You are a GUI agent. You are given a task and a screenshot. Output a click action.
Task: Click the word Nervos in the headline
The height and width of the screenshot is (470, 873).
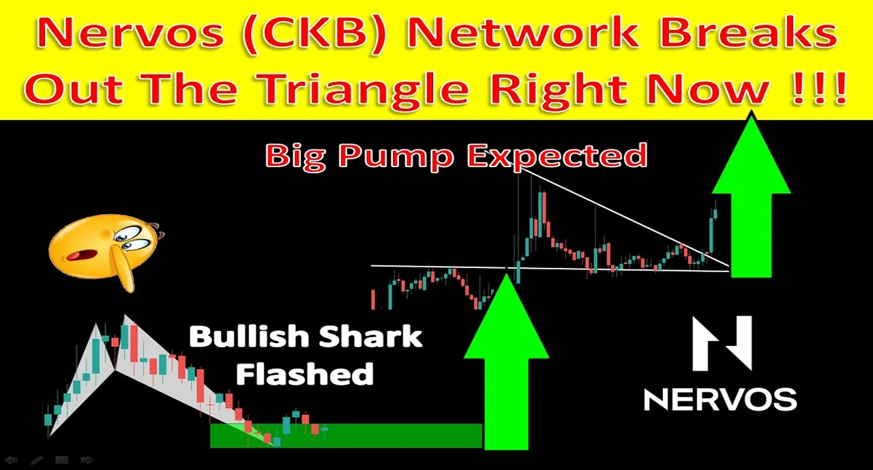[x=130, y=34]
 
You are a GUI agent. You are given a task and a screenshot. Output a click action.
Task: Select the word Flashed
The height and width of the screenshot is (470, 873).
[x=305, y=373]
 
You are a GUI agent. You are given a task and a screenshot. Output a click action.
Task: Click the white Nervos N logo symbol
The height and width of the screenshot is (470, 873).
[x=722, y=343]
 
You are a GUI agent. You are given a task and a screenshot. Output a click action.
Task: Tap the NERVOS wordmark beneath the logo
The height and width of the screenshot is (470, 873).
[x=720, y=400]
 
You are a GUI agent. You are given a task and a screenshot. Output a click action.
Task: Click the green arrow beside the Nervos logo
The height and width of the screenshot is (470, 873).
[x=751, y=195]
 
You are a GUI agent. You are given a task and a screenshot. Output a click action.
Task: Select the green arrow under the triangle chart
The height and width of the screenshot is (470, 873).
[x=506, y=362]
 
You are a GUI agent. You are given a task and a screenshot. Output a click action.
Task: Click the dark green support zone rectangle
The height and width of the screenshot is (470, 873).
[x=346, y=435]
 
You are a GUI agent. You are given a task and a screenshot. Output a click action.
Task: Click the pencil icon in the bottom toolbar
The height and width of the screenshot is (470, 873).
[x=36, y=460]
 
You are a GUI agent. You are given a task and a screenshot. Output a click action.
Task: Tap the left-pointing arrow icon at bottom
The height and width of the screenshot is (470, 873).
[x=11, y=460]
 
